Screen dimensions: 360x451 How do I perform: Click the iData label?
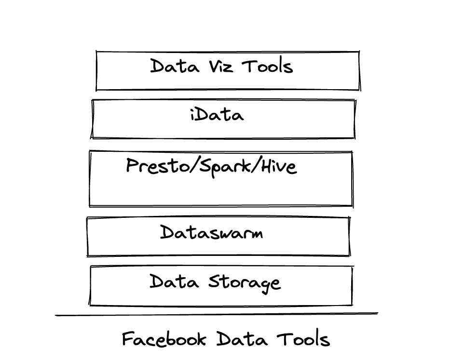tap(217, 115)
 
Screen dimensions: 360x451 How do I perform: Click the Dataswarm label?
tap(212, 233)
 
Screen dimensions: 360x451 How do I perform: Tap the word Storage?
tap(244, 282)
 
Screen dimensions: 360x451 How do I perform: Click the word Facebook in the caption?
tap(165, 339)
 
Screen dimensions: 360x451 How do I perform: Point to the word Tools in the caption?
tap(303, 339)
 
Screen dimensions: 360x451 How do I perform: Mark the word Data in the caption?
tap(242, 339)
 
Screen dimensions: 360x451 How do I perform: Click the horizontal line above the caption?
tap(217, 315)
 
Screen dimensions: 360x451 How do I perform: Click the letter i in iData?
tap(192, 115)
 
